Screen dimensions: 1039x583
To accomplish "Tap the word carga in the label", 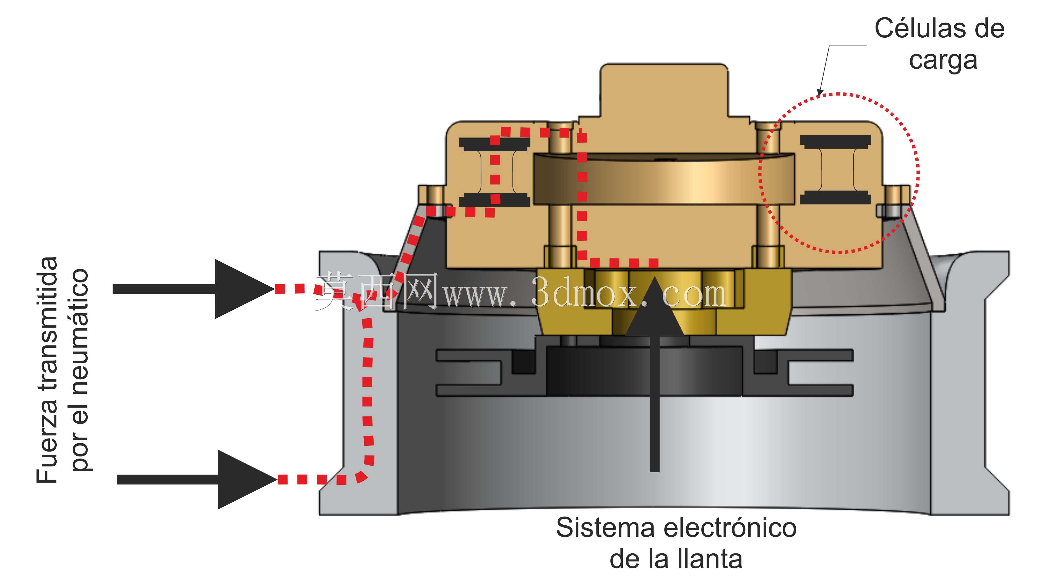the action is [943, 61].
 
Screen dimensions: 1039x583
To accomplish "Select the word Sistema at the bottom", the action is [605, 527].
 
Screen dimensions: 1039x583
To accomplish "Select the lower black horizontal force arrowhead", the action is [247, 479].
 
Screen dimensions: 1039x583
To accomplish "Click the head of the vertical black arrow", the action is [655, 307].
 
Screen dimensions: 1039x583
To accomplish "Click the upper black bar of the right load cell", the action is [835, 140].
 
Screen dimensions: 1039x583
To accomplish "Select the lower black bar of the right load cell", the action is [835, 198].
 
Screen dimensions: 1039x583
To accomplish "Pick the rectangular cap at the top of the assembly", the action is [664, 90].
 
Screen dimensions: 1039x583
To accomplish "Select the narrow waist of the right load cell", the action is [837, 169].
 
